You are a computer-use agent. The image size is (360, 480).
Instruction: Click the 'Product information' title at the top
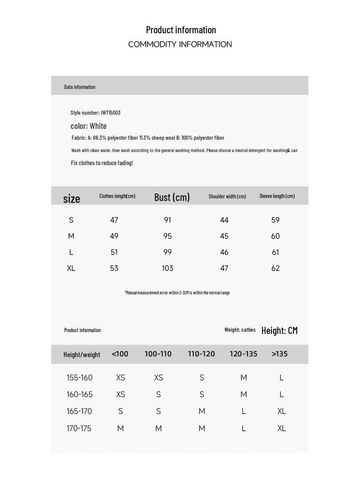[181, 30]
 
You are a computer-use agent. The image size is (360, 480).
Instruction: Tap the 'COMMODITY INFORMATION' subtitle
[180, 45]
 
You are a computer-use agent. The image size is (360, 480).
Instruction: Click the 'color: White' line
[89, 126]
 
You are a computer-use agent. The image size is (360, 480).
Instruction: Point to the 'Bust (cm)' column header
[172, 197]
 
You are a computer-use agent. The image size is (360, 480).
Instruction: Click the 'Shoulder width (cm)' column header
[227, 196]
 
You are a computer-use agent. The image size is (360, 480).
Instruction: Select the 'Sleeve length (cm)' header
[277, 196]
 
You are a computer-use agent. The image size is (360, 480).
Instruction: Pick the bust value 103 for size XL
[167, 268]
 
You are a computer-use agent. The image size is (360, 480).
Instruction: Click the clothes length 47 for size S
[114, 220]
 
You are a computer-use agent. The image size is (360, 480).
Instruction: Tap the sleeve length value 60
[275, 236]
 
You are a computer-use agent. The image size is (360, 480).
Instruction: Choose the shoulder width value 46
[224, 252]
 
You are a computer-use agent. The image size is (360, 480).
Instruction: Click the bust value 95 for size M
[167, 236]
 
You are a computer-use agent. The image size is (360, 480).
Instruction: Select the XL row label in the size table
[71, 268]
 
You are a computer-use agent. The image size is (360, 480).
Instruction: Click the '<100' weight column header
[120, 354]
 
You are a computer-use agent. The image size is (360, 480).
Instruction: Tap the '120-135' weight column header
[243, 354]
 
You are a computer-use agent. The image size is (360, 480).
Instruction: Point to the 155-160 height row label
[80, 377]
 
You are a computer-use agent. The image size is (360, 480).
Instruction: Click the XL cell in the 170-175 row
[281, 428]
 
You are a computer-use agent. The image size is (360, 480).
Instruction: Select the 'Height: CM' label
[279, 330]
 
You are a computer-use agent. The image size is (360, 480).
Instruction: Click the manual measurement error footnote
[177, 292]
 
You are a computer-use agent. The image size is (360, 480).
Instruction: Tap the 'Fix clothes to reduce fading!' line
[102, 163]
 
